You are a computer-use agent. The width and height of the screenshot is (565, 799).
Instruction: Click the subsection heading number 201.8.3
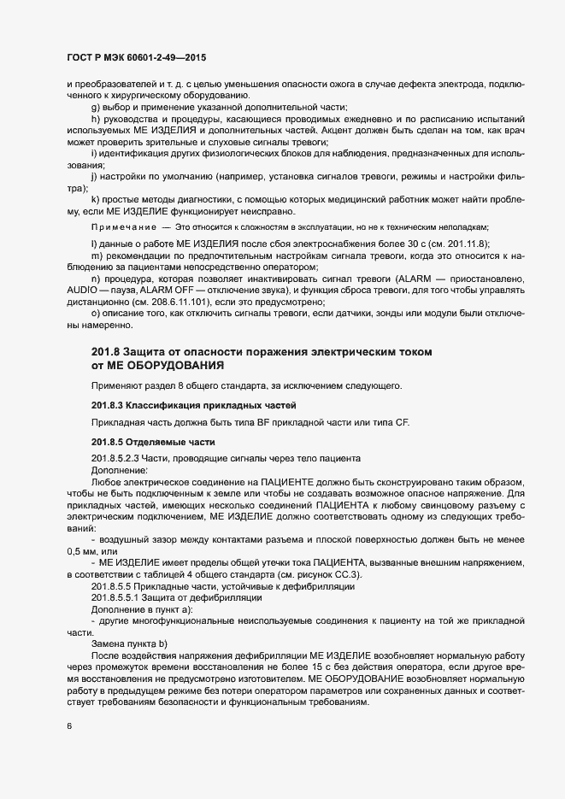pos(109,404)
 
